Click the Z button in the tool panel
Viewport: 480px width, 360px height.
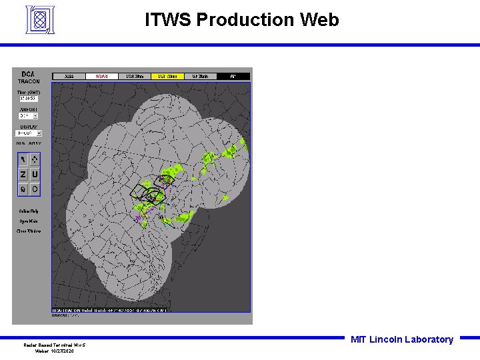(23, 174)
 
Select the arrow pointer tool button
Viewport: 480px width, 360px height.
(23, 159)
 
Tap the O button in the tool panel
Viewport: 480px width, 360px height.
(35, 189)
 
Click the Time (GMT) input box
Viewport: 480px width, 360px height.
(28, 99)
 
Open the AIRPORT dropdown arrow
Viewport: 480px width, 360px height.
(35, 116)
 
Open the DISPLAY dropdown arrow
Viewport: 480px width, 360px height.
(38, 133)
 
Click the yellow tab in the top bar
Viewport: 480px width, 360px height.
(167, 77)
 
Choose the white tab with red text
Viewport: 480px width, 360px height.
(101, 77)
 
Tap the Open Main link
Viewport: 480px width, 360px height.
(29, 221)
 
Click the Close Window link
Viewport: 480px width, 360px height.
(29, 231)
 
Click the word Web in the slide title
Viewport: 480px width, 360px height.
(319, 21)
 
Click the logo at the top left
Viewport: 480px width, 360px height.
(40, 21)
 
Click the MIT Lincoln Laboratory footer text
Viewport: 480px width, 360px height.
(401, 339)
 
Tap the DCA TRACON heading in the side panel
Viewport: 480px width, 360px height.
(29, 77)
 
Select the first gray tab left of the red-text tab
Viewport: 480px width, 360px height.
(69, 77)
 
